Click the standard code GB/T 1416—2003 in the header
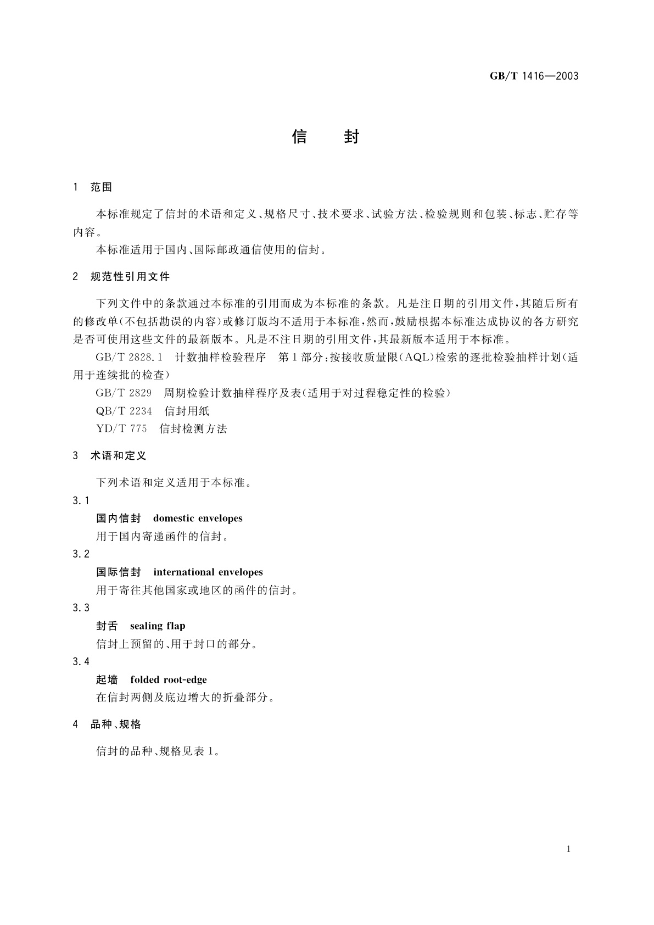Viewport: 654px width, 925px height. point(534,76)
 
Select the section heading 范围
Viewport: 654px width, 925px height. point(101,187)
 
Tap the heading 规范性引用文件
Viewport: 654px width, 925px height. point(130,277)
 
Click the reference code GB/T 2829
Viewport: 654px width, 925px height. point(124,393)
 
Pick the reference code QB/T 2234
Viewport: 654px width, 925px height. point(124,411)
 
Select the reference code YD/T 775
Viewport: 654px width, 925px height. point(121,429)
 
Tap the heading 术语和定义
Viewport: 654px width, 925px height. point(119,456)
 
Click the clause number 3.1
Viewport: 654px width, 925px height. point(80,500)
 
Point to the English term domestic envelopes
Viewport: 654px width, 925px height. point(198,519)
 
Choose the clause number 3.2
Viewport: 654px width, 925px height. point(80,554)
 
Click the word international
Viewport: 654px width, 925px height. point(183,572)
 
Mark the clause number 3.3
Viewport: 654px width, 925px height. point(80,608)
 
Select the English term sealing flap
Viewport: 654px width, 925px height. point(158,626)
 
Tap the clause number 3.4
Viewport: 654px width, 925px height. point(80,662)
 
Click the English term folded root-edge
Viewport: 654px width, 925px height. point(169,680)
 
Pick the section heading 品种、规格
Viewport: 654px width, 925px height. point(115,725)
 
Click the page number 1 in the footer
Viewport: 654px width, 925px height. point(568,849)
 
